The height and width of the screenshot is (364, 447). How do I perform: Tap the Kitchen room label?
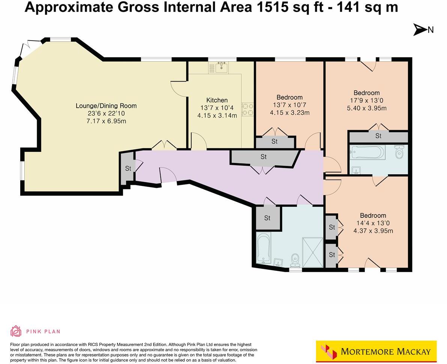coord(217,100)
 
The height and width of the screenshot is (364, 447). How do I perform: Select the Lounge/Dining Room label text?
coord(106,106)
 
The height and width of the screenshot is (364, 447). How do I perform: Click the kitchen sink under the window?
coord(221,68)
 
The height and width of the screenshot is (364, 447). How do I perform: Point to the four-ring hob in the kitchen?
coord(248,109)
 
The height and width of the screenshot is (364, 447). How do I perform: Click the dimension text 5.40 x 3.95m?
coord(367,108)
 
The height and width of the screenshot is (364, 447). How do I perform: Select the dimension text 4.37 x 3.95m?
coord(373,231)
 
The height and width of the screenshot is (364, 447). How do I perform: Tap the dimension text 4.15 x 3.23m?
coord(289,112)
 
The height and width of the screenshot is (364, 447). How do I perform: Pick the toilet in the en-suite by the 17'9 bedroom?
coord(399,153)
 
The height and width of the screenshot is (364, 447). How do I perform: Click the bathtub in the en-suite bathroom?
coord(367,153)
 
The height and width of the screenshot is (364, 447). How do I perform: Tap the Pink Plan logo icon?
coord(16,331)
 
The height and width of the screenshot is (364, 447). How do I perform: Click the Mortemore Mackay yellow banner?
coord(376,351)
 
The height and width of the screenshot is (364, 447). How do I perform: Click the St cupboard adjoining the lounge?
coord(128,168)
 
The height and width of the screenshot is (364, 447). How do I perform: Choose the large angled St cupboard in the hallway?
coord(263,157)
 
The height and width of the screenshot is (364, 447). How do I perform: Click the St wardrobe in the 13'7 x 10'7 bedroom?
coord(274,142)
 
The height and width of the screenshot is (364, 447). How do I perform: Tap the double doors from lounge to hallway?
coord(164,145)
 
